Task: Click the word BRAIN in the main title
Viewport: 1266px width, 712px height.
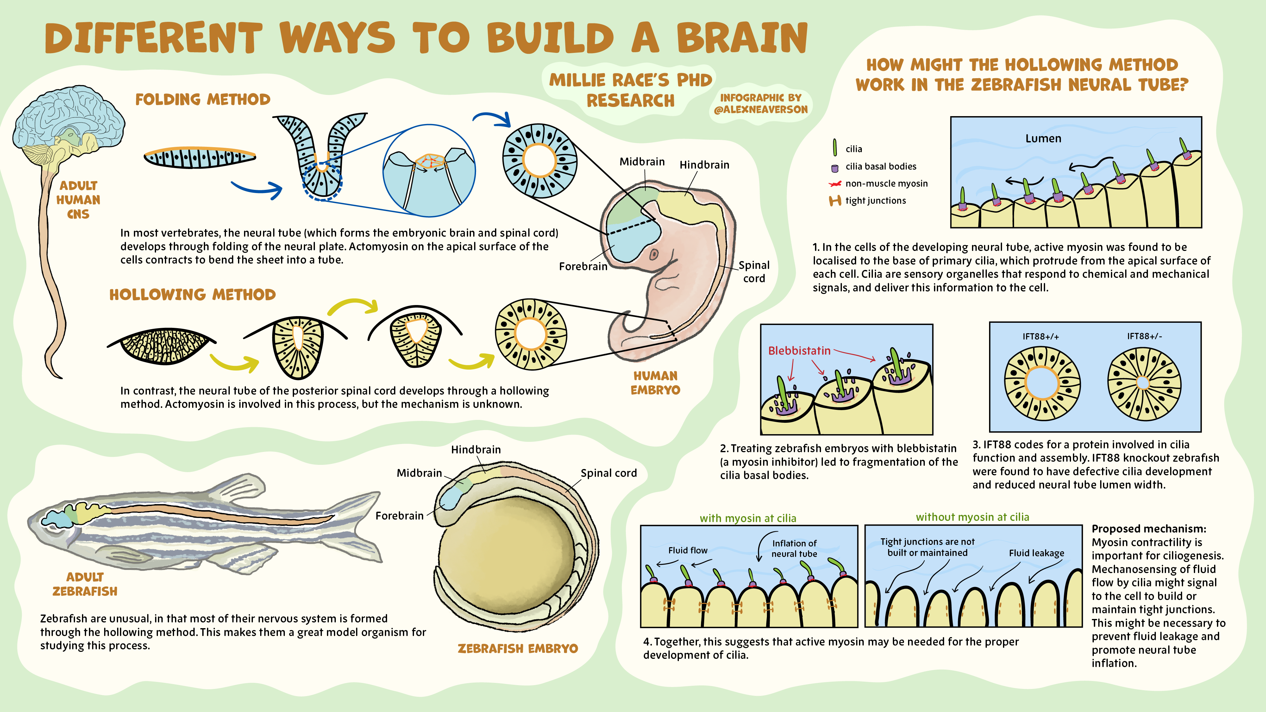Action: [x=742, y=38]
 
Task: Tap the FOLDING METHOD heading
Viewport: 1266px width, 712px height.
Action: [x=203, y=100]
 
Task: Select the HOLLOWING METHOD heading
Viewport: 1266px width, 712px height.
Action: [x=192, y=295]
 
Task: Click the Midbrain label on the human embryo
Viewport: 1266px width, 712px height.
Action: [x=642, y=162]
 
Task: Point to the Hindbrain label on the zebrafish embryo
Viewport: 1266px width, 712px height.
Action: [x=476, y=450]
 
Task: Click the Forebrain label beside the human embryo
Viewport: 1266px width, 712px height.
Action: [x=583, y=266]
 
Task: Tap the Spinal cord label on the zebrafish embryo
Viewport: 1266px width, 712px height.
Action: [x=608, y=473]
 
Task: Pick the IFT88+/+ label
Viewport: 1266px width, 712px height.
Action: [x=1040, y=337]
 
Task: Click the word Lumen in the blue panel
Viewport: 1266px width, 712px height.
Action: [x=1043, y=139]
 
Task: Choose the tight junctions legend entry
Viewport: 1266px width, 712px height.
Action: [x=875, y=201]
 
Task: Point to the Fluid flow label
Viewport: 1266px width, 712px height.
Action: [x=687, y=550]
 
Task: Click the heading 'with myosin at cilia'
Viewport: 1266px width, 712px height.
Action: [x=748, y=518]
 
